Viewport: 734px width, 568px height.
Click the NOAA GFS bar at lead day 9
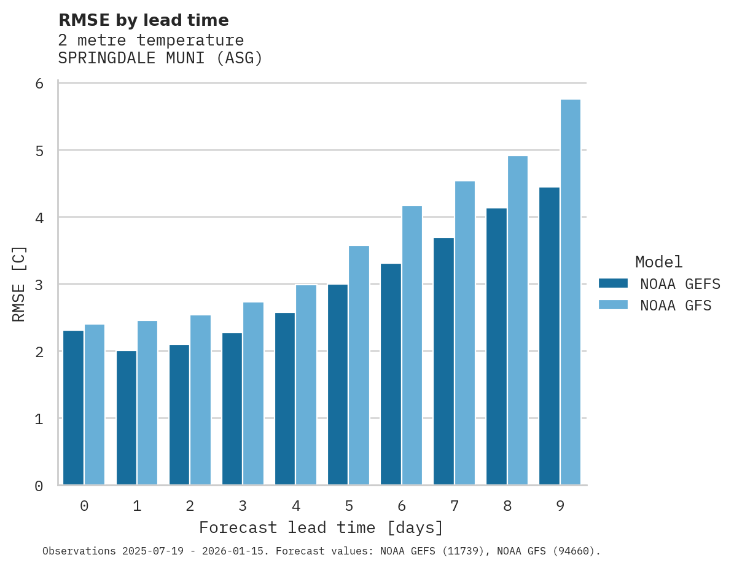pyautogui.click(x=571, y=292)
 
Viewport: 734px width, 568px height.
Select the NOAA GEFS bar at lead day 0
pyautogui.click(x=74, y=408)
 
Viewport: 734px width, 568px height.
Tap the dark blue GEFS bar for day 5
pyautogui.click(x=338, y=384)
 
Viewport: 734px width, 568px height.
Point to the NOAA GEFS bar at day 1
pyautogui.click(x=127, y=418)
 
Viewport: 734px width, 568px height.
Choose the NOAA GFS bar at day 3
pyautogui.click(x=254, y=393)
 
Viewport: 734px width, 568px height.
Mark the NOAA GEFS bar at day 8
pyautogui.click(x=496, y=347)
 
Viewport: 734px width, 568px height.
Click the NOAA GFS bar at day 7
pyautogui.click(x=465, y=333)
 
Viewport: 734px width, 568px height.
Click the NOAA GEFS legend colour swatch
pyautogui.click(x=613, y=283)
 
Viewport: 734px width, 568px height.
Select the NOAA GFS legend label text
pyautogui.click(x=676, y=306)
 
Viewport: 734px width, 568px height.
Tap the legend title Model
pyautogui.click(x=658, y=262)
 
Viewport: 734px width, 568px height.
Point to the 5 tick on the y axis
pyautogui.click(x=39, y=151)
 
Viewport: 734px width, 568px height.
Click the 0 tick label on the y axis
pyautogui.click(x=39, y=486)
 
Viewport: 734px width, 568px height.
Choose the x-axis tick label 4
pyautogui.click(x=296, y=506)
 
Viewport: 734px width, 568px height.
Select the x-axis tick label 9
pyautogui.click(x=560, y=506)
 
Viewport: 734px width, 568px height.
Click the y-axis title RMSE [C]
pyautogui.click(x=19, y=284)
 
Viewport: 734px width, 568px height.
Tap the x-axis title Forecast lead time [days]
pyautogui.click(x=321, y=528)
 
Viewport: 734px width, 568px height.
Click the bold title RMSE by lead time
pyautogui.click(x=144, y=20)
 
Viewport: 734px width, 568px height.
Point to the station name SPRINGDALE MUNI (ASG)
pyautogui.click(x=160, y=58)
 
